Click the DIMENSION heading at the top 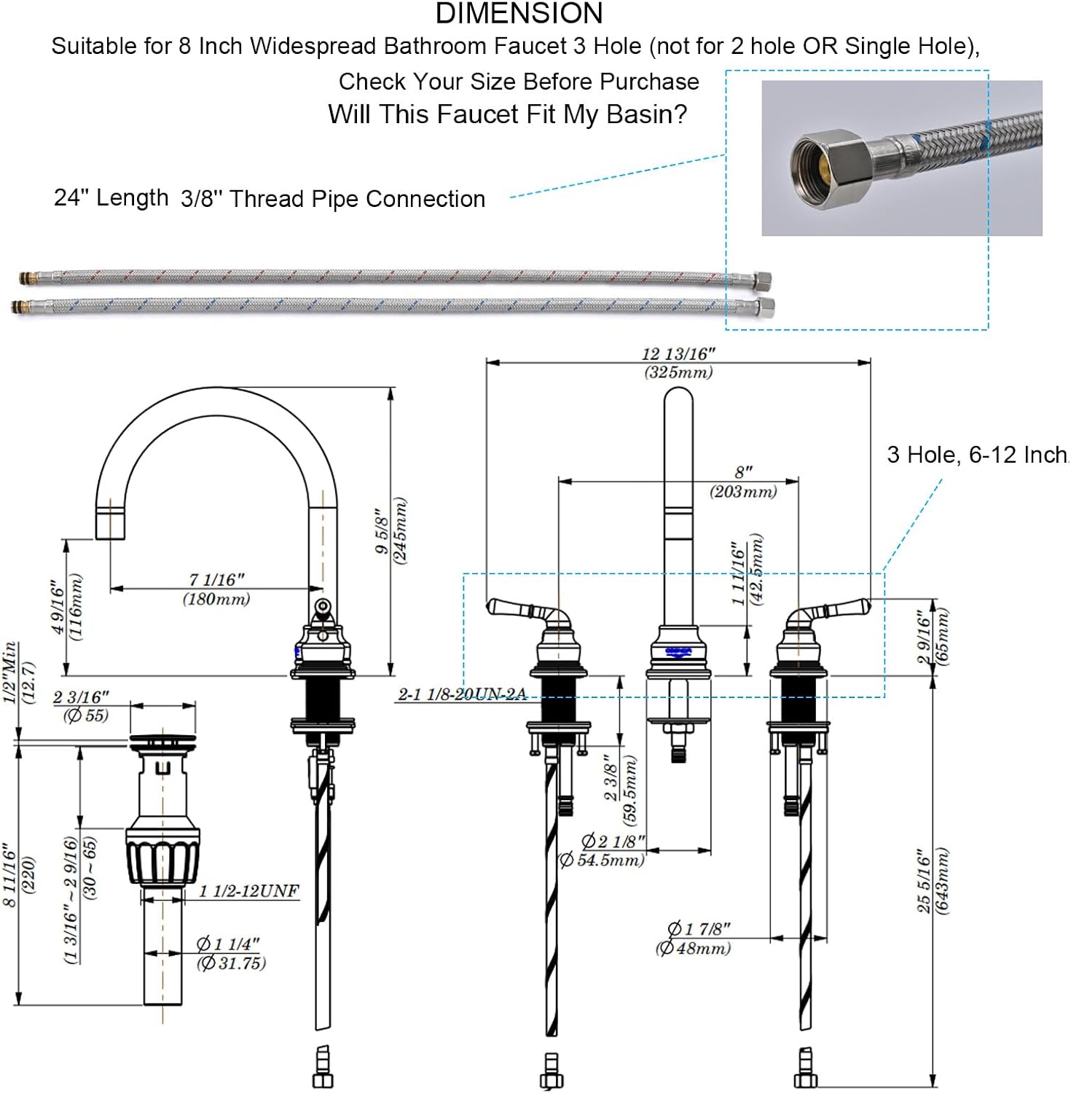(x=519, y=13)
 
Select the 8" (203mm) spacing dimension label (x=743, y=482)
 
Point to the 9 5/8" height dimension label (x=391, y=530)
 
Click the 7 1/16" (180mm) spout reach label (x=216, y=589)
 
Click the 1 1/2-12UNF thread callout (x=249, y=890)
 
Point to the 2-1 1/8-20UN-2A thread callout (x=462, y=694)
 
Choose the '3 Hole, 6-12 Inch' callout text (x=977, y=455)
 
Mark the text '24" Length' (x=111, y=197)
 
